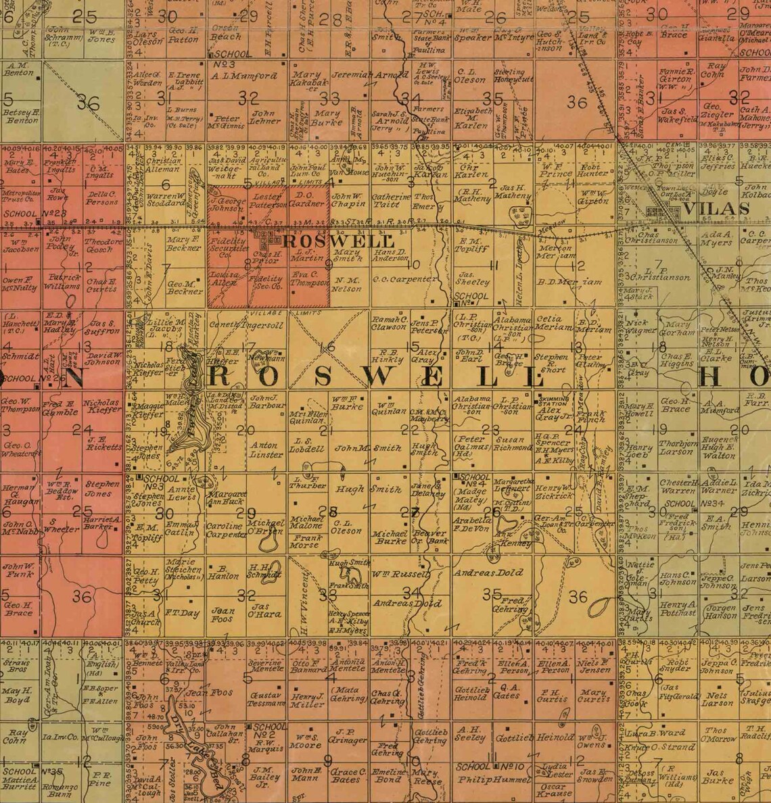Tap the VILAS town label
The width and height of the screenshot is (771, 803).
716,209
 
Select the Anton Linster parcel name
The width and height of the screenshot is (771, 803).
265,449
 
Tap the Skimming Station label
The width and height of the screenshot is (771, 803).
551,399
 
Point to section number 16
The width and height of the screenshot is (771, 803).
328,347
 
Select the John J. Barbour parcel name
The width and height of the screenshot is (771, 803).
265,401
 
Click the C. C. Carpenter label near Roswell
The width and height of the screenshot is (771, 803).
405,278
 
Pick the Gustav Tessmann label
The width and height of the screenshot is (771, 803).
266,699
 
